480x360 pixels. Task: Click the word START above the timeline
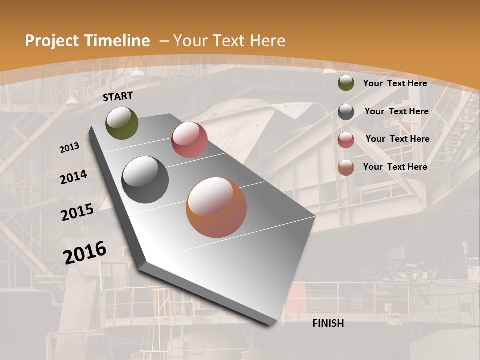(x=118, y=96)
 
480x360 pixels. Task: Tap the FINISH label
(x=328, y=323)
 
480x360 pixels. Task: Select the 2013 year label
(x=70, y=147)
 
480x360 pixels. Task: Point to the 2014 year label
(x=74, y=177)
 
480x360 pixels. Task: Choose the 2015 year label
(x=77, y=212)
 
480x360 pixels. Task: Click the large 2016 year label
(x=85, y=252)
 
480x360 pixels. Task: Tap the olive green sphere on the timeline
(x=122, y=123)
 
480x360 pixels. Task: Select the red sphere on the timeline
(x=189, y=140)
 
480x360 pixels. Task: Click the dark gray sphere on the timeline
(x=145, y=180)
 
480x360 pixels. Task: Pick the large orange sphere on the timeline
(x=216, y=207)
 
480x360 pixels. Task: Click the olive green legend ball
(x=346, y=83)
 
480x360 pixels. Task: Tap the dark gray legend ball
(x=346, y=112)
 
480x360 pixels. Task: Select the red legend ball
(x=346, y=140)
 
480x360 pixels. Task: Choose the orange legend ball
(x=346, y=168)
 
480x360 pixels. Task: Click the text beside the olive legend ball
(x=395, y=83)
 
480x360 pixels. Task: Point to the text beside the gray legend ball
(x=397, y=111)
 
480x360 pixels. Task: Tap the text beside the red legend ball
(x=398, y=139)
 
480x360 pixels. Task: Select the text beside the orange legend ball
(x=395, y=167)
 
